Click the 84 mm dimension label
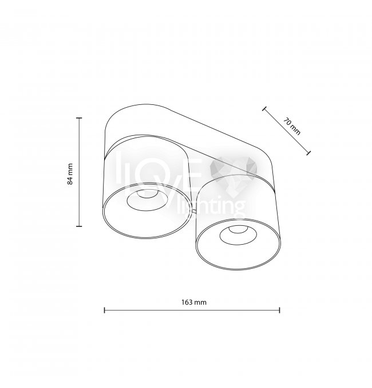70,174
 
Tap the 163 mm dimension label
194,302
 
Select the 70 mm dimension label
292,127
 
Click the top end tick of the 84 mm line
79,118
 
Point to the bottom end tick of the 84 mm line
79,226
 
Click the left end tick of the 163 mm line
105,310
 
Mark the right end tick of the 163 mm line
279,310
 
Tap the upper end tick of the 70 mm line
264,109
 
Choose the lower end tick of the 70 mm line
308,153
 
